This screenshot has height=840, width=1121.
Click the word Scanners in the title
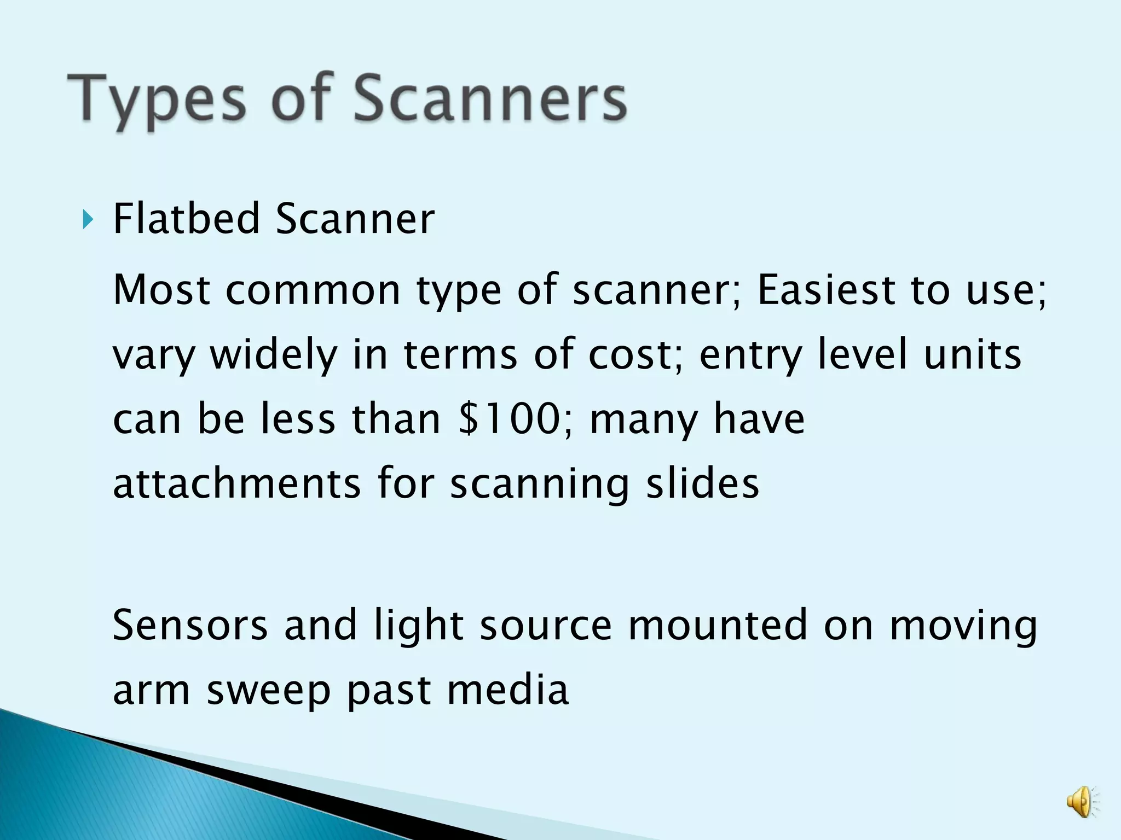(490, 100)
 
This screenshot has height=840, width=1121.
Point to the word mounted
(718, 625)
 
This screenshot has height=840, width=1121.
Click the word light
(419, 626)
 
